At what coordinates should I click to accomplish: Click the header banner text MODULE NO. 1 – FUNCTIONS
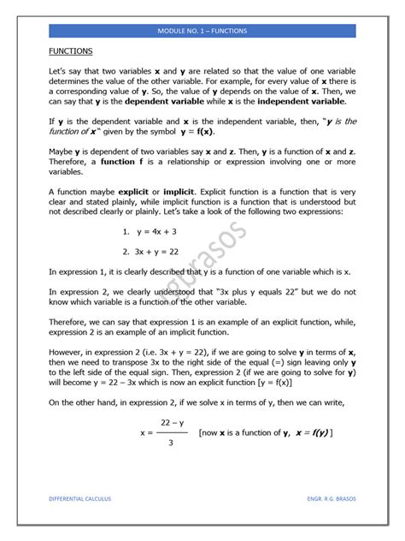[x=202, y=31]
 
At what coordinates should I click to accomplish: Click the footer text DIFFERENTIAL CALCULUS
[x=79, y=497]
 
